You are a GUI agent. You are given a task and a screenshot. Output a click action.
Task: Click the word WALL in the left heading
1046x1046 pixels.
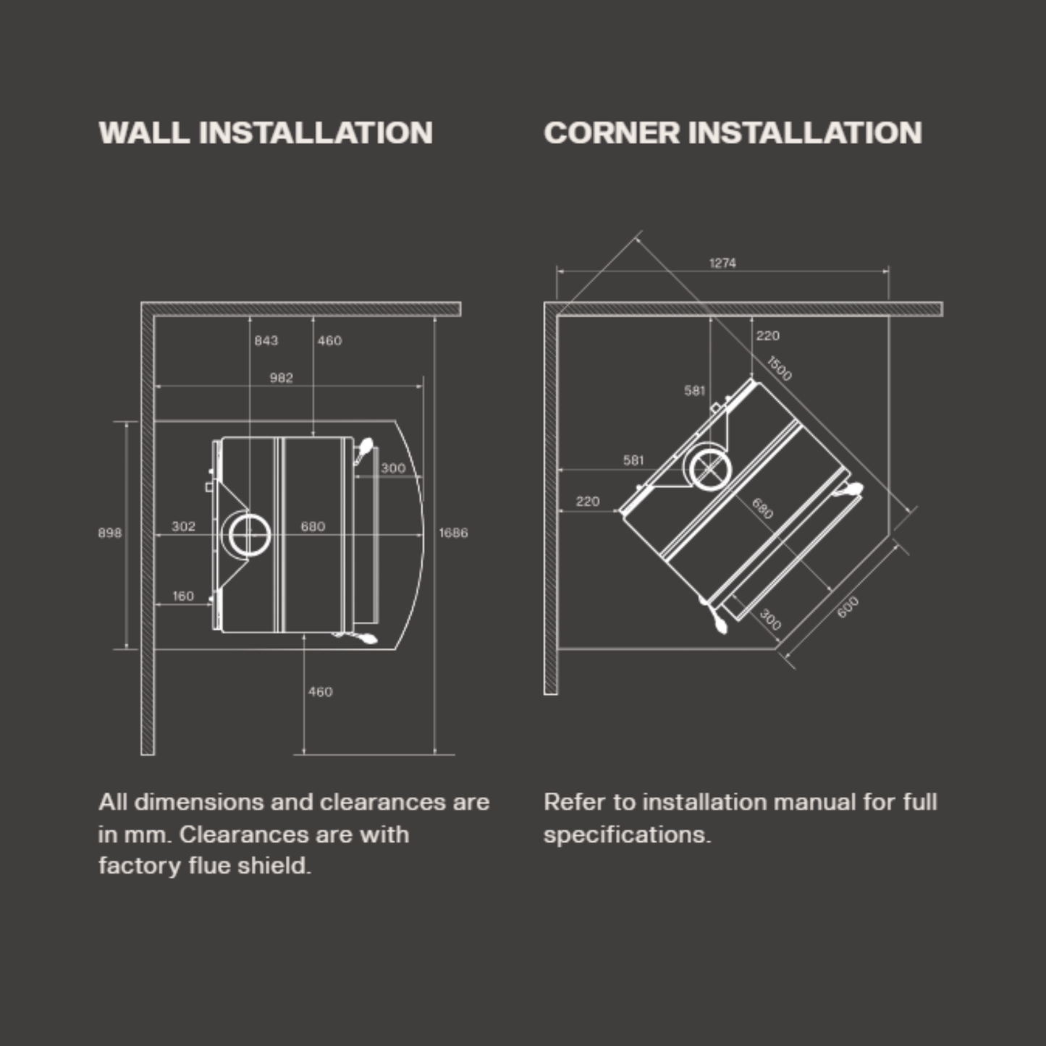[144, 133]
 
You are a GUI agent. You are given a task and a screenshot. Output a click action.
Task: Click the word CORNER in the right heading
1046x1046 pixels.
[612, 133]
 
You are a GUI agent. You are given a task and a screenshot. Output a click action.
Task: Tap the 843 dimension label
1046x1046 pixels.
[266, 341]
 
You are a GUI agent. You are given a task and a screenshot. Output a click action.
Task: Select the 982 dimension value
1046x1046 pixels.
[281, 378]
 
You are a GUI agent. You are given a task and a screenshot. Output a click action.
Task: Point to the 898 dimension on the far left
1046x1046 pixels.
[109, 533]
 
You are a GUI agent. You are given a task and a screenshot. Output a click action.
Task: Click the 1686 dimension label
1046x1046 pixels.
[453, 533]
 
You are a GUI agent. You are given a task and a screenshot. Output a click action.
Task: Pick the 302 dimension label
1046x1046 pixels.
[183, 526]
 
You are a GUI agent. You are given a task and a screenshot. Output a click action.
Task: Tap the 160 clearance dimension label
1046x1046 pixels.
[183, 596]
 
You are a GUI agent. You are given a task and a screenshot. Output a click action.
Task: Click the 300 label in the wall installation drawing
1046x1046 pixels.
[393, 468]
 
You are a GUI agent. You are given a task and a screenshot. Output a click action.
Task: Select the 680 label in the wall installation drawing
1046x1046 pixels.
[313, 526]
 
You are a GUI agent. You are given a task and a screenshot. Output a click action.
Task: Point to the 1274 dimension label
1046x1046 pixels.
[722, 263]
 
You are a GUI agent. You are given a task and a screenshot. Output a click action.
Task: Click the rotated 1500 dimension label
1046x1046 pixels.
[779, 368]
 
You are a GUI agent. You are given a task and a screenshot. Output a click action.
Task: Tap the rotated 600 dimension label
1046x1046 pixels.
[848, 607]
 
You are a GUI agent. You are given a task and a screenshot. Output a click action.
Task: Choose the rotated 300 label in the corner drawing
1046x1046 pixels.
[769, 620]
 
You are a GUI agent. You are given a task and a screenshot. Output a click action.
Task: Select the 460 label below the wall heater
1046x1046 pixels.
[320, 692]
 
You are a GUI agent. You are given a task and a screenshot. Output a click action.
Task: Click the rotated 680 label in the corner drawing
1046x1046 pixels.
[762, 509]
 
